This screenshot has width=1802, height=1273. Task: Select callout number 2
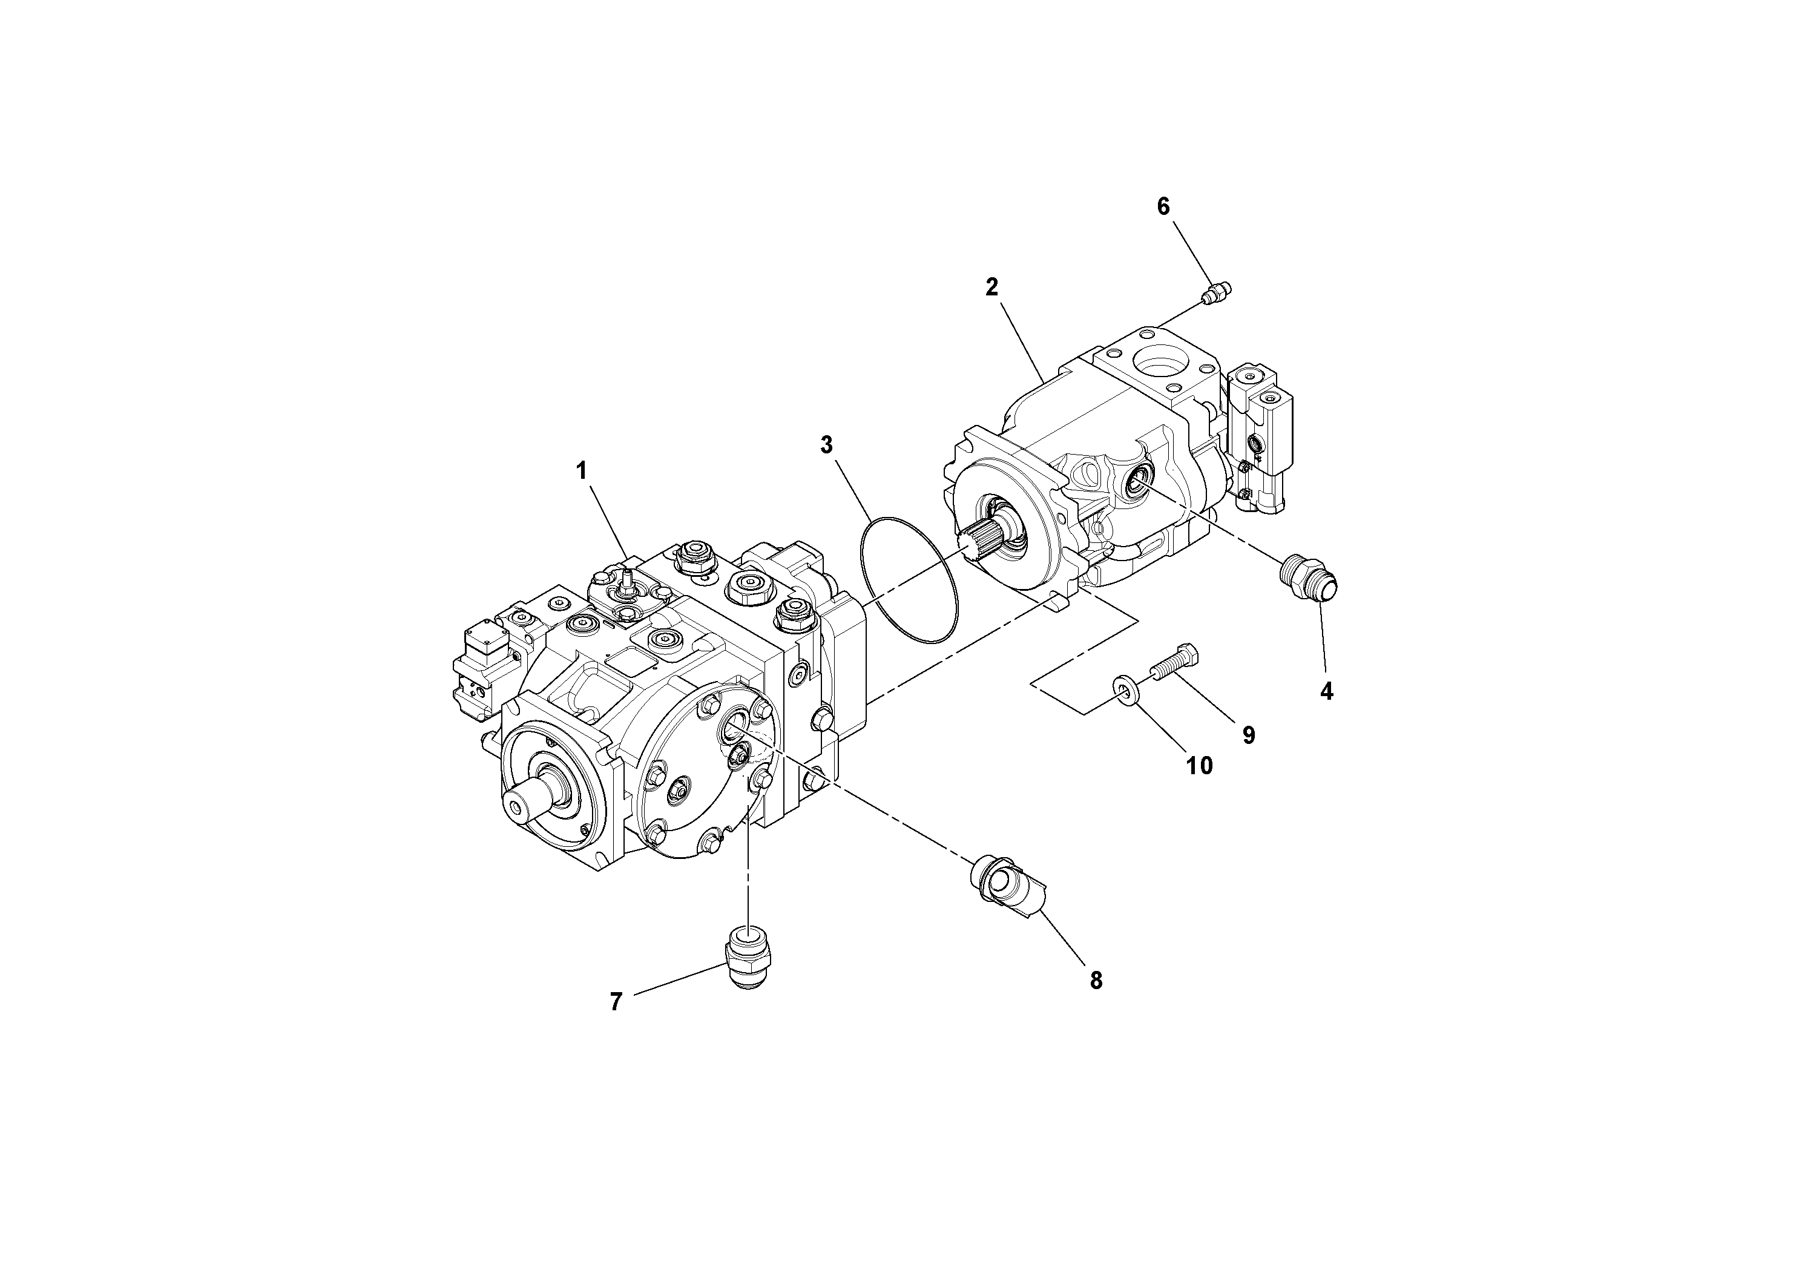tap(992, 288)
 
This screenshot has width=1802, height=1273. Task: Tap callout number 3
tap(826, 445)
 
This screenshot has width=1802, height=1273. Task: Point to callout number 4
tap(1326, 691)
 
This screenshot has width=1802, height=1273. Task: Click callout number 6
tap(1163, 206)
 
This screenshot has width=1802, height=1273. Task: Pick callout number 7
tap(616, 1001)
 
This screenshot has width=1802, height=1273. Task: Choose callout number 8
tap(1096, 980)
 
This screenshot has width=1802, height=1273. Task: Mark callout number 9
tap(1248, 735)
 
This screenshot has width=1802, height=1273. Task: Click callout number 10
tap(1199, 765)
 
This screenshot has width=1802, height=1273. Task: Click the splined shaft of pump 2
tap(979, 542)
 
